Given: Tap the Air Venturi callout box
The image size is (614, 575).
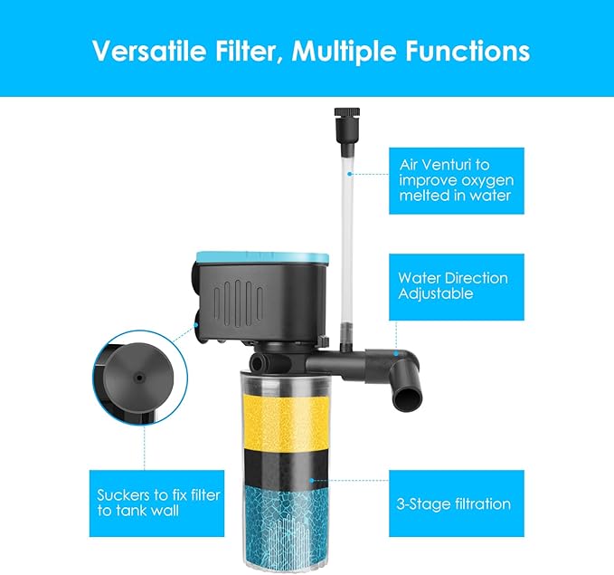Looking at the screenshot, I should click(456, 179).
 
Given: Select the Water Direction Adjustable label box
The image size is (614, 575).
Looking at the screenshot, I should click(456, 286).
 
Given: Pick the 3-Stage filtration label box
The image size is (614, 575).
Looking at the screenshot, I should click(456, 503).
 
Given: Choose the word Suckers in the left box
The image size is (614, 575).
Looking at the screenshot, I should click(123, 495).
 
